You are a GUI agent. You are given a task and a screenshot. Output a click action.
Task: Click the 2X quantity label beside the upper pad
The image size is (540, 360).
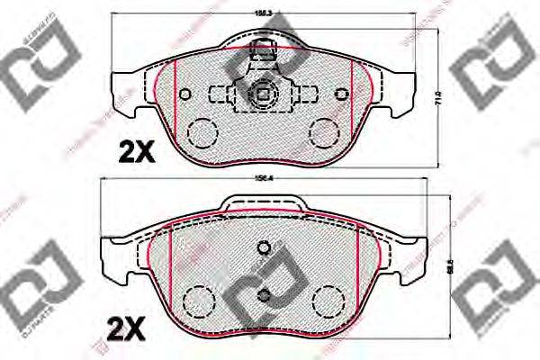pyautogui.click(x=137, y=153)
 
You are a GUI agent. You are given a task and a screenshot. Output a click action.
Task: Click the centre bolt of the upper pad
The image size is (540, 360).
pyautogui.click(x=264, y=93)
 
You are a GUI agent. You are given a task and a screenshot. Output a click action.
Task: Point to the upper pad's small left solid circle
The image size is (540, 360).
pyautogui.click(x=185, y=94)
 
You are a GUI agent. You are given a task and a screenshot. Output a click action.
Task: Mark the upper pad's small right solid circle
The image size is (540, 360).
pyautogui.click(x=341, y=94)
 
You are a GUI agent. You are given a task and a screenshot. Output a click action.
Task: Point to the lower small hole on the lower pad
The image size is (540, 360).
pyautogui.click(x=264, y=296)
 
